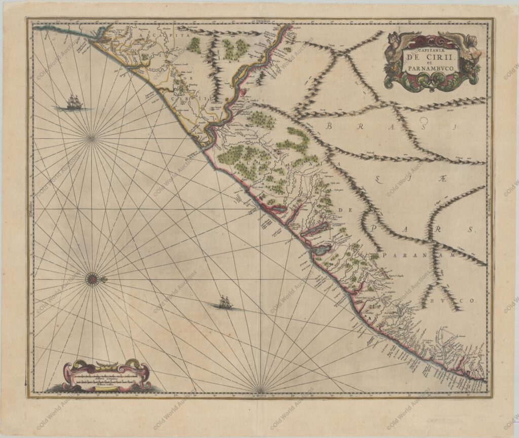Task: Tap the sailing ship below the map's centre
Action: coord(225,303)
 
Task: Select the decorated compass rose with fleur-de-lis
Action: coord(92,279)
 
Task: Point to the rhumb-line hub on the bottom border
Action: coord(259,390)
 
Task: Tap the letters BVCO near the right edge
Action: coord(458,300)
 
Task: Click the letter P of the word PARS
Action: coord(374,229)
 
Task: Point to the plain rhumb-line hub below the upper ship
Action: coord(92,137)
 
